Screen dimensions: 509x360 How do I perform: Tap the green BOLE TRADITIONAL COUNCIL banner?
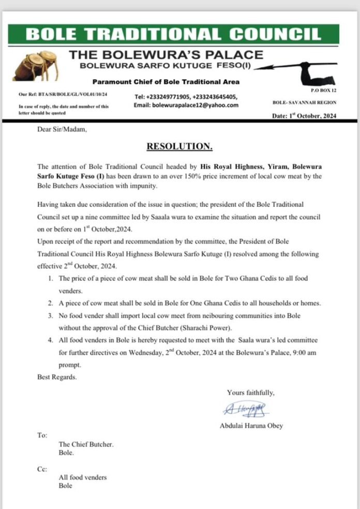[179, 34]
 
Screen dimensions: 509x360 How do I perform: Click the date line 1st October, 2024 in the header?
[304, 116]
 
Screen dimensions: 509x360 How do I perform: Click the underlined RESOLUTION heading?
[179, 146]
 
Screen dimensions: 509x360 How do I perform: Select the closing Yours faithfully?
[251, 392]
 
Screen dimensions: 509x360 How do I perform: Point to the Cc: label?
[42, 469]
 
